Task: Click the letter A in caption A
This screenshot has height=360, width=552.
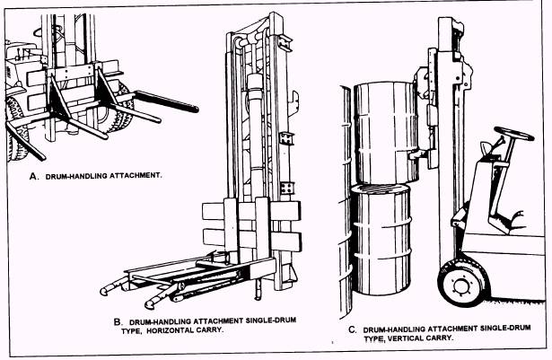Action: point(34,176)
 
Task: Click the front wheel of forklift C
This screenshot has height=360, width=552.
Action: point(464,284)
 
